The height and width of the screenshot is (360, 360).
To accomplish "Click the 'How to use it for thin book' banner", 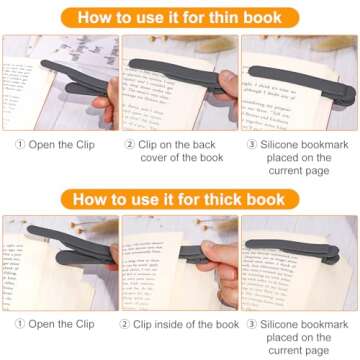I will pyautogui.click(x=179, y=16).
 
